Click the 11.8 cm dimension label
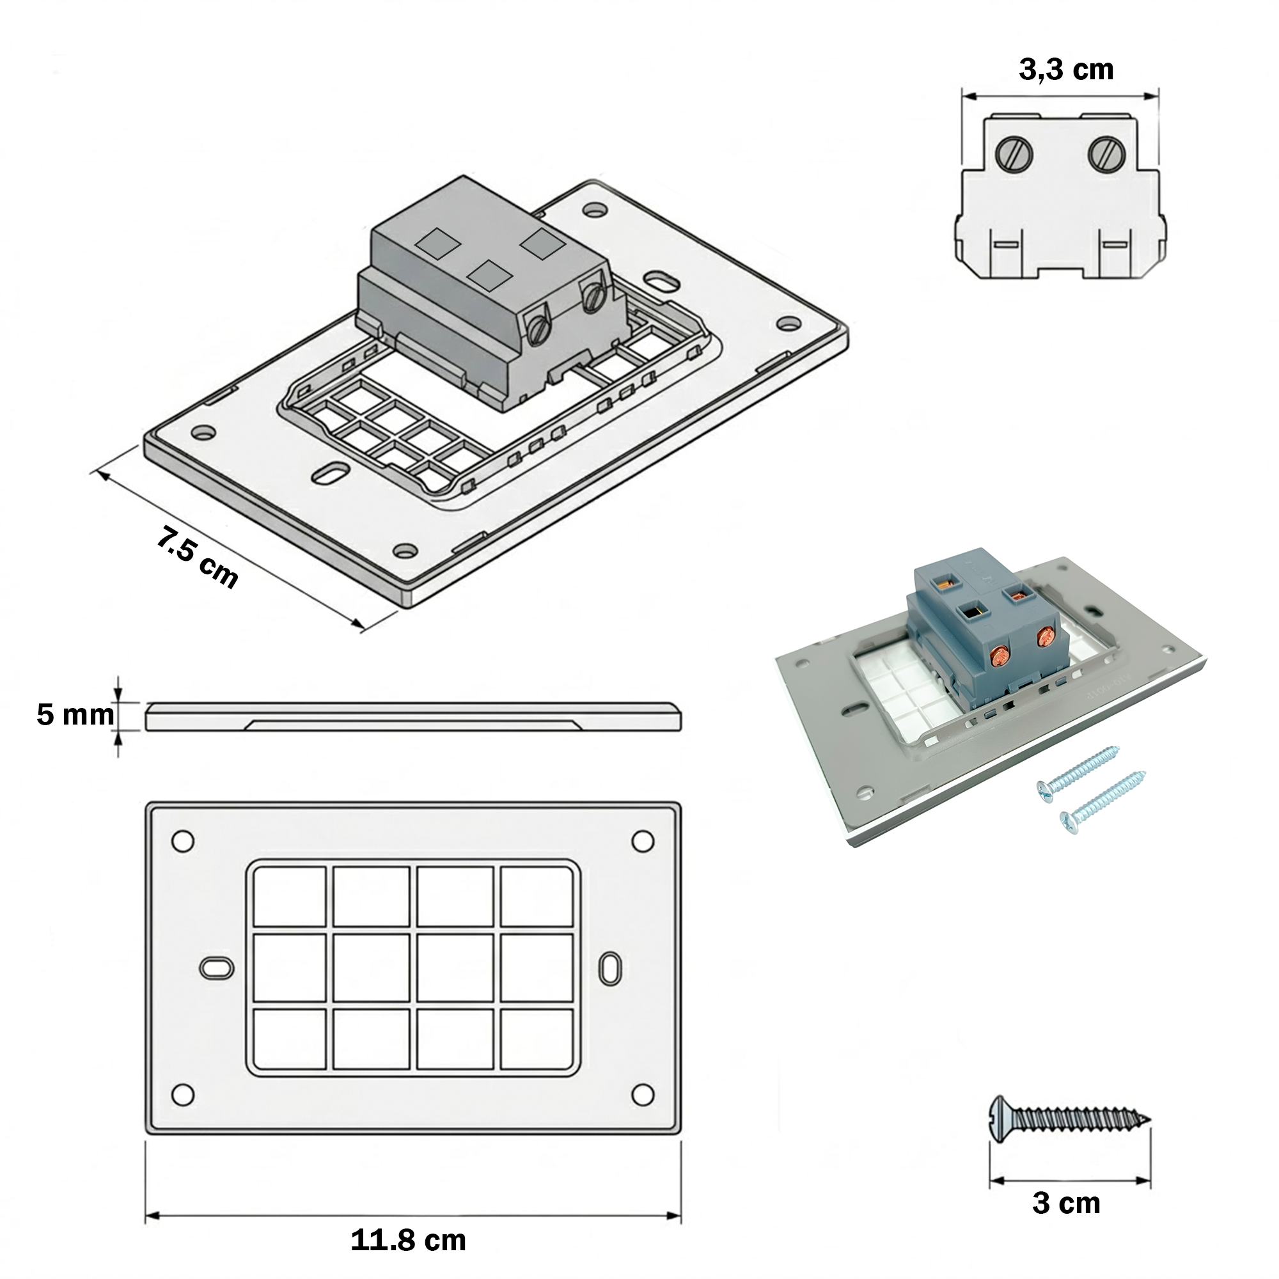point(409,1241)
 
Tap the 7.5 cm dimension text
point(197,557)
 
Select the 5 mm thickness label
point(75,715)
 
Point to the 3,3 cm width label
point(1066,70)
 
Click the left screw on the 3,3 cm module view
point(1015,155)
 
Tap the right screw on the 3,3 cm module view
point(1106,155)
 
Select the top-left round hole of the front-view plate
point(183,842)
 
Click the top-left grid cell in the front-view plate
point(290,897)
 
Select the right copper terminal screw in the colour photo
point(1045,637)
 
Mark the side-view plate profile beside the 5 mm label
point(414,717)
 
